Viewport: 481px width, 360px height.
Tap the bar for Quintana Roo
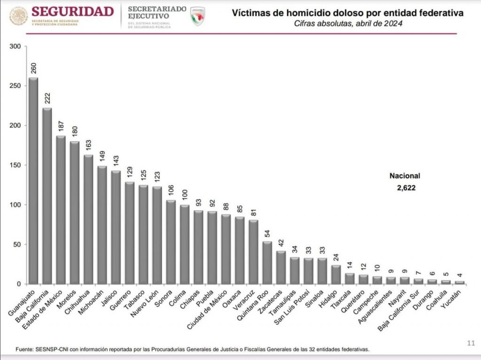267,263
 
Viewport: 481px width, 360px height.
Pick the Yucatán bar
459,282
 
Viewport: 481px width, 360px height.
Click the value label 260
34,68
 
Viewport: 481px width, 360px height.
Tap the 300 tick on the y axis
16,47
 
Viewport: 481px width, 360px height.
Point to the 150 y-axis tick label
16,165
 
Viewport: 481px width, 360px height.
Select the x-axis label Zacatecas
275,301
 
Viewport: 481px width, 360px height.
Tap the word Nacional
404,176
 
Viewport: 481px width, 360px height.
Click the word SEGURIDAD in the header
73,11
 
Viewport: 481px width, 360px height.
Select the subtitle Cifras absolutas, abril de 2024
348,23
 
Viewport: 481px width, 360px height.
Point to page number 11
472,342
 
